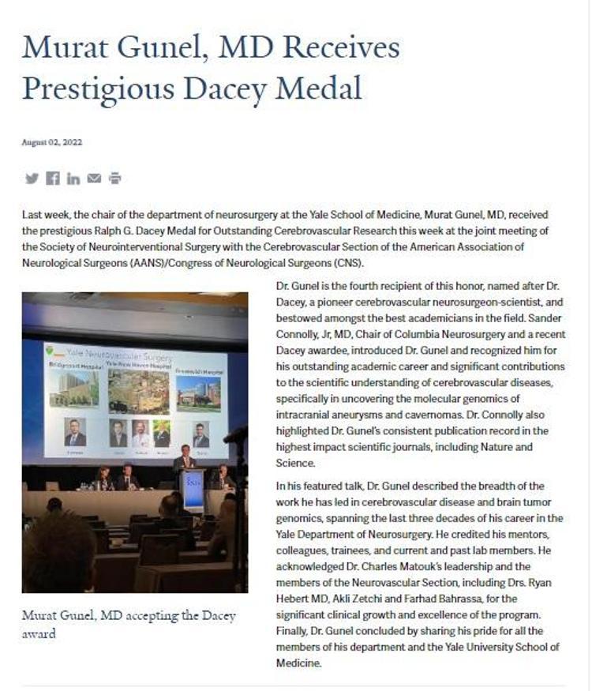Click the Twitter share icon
pyautogui.click(x=32, y=178)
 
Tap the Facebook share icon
pyautogui.click(x=53, y=178)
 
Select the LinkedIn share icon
pyautogui.click(x=73, y=178)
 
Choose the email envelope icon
pyautogui.click(x=94, y=178)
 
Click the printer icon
pyautogui.click(x=115, y=178)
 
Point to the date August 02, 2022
pyautogui.click(x=52, y=143)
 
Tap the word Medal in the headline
pyautogui.click(x=324, y=88)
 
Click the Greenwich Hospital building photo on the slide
pyautogui.click(x=198, y=392)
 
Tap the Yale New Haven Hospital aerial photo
pyautogui.click(x=137, y=391)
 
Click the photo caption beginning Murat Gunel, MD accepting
pyautogui.click(x=129, y=624)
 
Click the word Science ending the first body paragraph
pyautogui.click(x=296, y=464)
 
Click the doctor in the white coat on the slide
pyautogui.click(x=140, y=433)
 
